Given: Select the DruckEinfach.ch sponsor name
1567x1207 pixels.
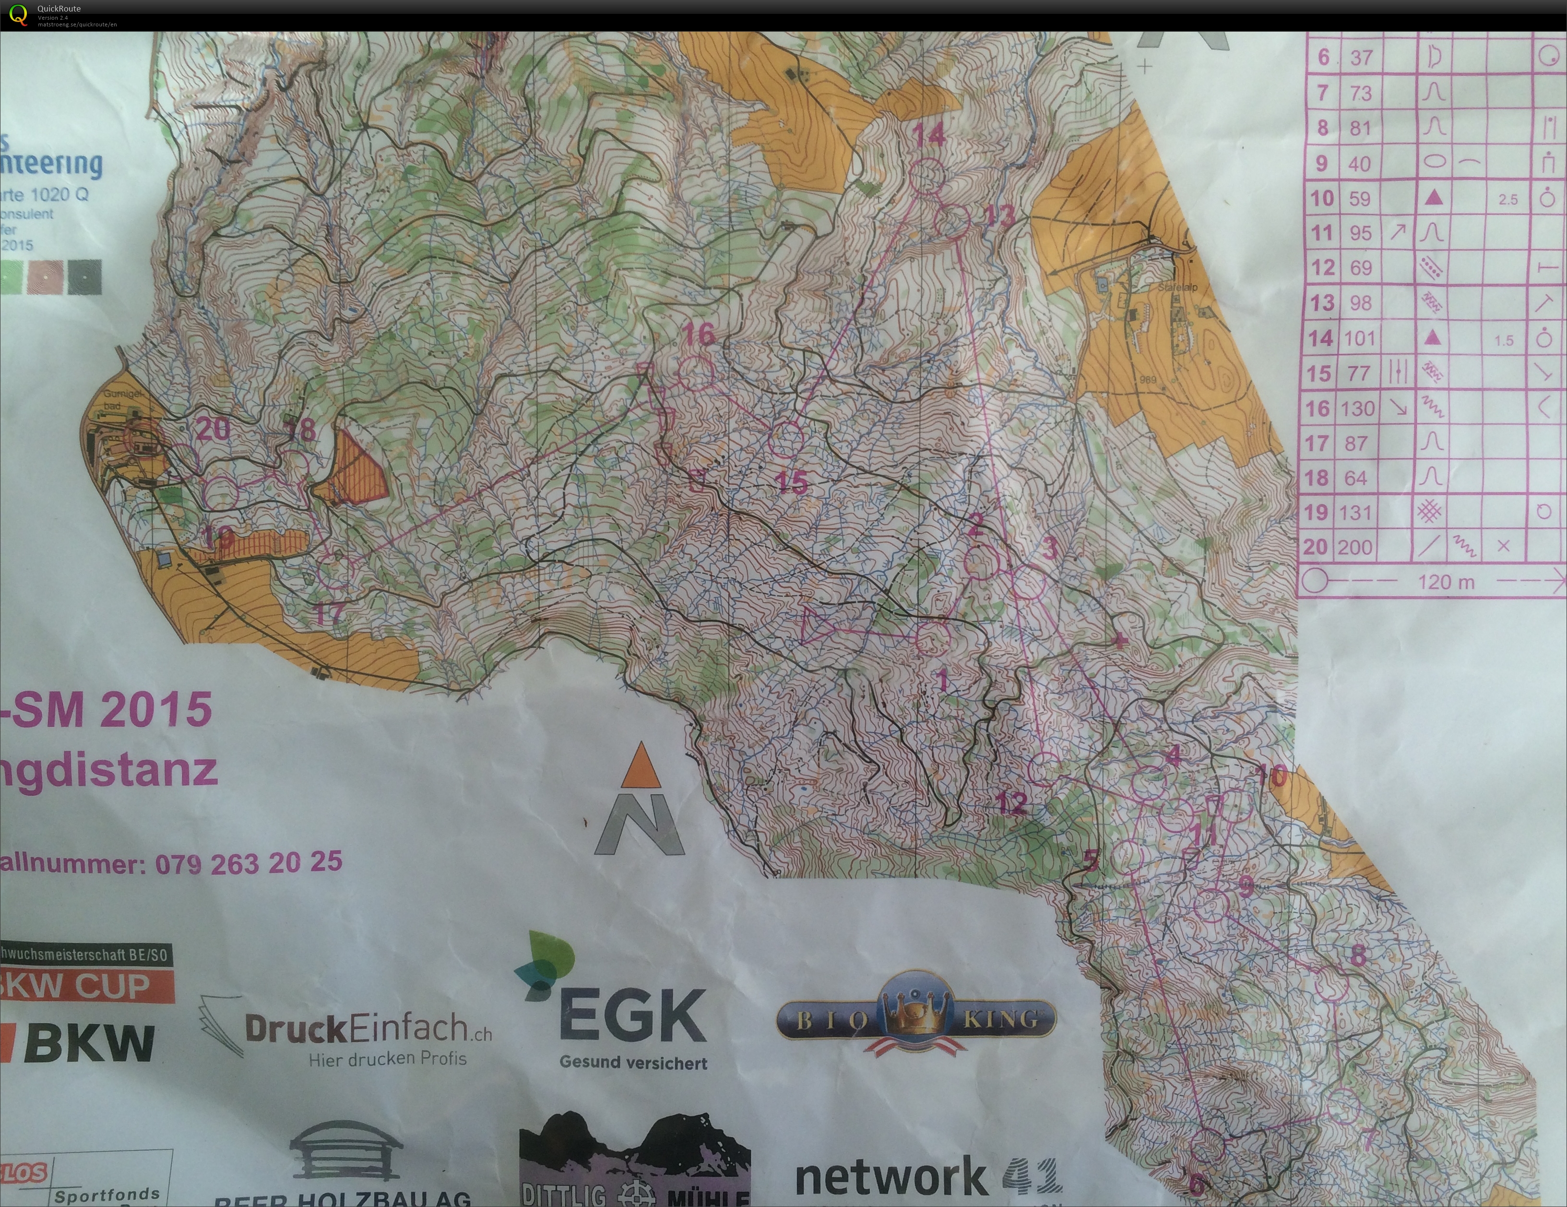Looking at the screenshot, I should click(368, 1028).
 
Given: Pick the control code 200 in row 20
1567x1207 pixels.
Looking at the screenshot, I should click(1354, 548).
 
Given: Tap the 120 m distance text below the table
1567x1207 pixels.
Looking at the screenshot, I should click(1446, 582).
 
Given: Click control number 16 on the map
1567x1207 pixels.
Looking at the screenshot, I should click(698, 333).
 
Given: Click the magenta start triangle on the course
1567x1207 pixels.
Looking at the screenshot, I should click(817, 626).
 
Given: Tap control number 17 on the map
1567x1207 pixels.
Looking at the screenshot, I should click(329, 613).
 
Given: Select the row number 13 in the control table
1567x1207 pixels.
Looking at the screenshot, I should click(1322, 303).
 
